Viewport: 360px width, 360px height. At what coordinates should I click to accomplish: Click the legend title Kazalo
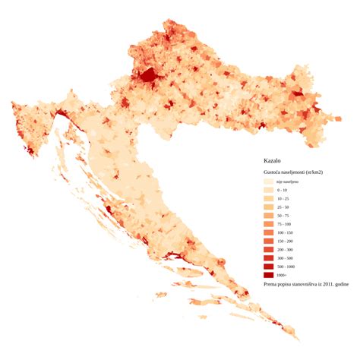point(272,162)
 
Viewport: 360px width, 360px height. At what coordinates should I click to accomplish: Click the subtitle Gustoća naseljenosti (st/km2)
point(292,172)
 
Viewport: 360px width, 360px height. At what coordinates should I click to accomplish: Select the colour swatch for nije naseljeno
point(268,182)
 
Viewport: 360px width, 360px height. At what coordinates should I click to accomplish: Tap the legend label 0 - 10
point(283,191)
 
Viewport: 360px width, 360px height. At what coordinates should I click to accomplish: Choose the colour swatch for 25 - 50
point(268,207)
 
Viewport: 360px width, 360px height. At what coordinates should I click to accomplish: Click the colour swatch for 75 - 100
point(268,224)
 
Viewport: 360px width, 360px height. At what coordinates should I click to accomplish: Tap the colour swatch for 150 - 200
point(268,241)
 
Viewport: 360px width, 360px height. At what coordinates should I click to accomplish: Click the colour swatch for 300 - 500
point(268,258)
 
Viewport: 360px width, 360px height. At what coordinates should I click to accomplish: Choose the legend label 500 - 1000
point(286,267)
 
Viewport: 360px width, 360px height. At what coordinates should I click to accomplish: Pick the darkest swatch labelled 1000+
point(268,275)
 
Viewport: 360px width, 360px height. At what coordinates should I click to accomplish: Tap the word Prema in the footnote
point(270,284)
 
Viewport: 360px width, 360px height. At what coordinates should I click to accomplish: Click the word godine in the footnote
point(341,284)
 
